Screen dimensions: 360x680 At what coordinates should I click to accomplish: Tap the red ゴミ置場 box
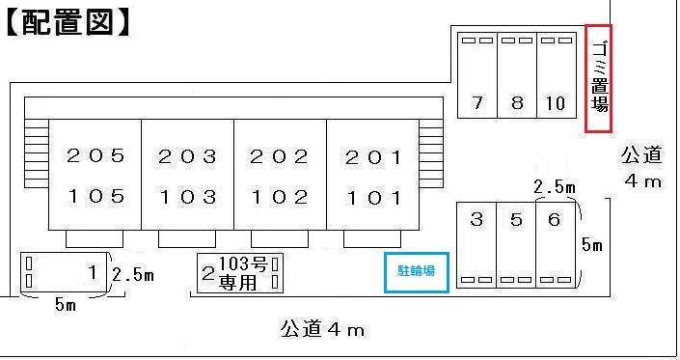tap(599, 80)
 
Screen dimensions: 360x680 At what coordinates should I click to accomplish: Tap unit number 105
tap(95, 198)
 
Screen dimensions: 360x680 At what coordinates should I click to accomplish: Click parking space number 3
tap(476, 220)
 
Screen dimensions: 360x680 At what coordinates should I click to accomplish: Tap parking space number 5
tap(516, 220)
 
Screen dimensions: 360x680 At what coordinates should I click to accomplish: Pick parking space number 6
tap(554, 220)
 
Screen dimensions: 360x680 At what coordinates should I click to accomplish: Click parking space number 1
tap(93, 272)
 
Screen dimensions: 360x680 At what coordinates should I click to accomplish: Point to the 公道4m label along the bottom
tap(322, 330)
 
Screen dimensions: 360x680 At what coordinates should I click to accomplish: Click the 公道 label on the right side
tap(641, 154)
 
